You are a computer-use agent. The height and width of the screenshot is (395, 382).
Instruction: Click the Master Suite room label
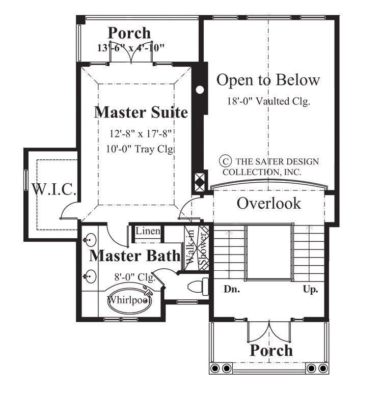[x=141, y=112]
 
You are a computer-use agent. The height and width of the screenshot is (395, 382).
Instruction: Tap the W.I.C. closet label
[x=54, y=190]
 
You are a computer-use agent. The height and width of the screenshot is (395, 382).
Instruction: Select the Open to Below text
[x=268, y=80]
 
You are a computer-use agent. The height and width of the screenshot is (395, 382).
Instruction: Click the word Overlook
[x=269, y=204]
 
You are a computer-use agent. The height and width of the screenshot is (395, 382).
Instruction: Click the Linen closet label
[x=148, y=232]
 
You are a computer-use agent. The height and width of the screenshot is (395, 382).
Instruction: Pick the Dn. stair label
[x=232, y=290]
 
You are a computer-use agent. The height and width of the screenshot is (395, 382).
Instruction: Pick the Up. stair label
[x=310, y=290]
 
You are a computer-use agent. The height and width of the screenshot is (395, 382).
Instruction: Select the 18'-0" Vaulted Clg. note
[x=268, y=101]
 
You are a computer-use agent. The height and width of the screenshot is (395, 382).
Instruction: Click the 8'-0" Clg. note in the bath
[x=131, y=277]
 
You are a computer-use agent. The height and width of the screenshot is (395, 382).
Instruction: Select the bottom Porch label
[x=271, y=350]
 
